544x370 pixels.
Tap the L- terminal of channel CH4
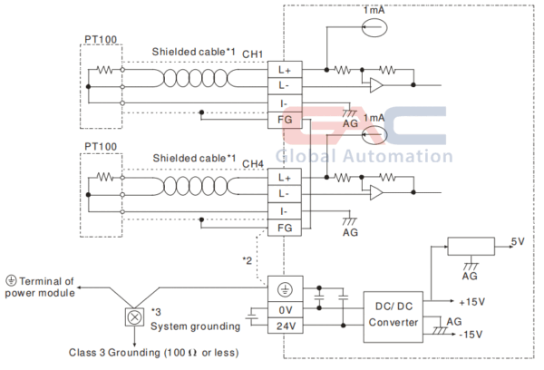283,193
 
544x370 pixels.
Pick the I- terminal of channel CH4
283,210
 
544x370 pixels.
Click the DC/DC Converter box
392,315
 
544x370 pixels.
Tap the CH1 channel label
252,53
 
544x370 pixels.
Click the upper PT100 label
100,42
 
